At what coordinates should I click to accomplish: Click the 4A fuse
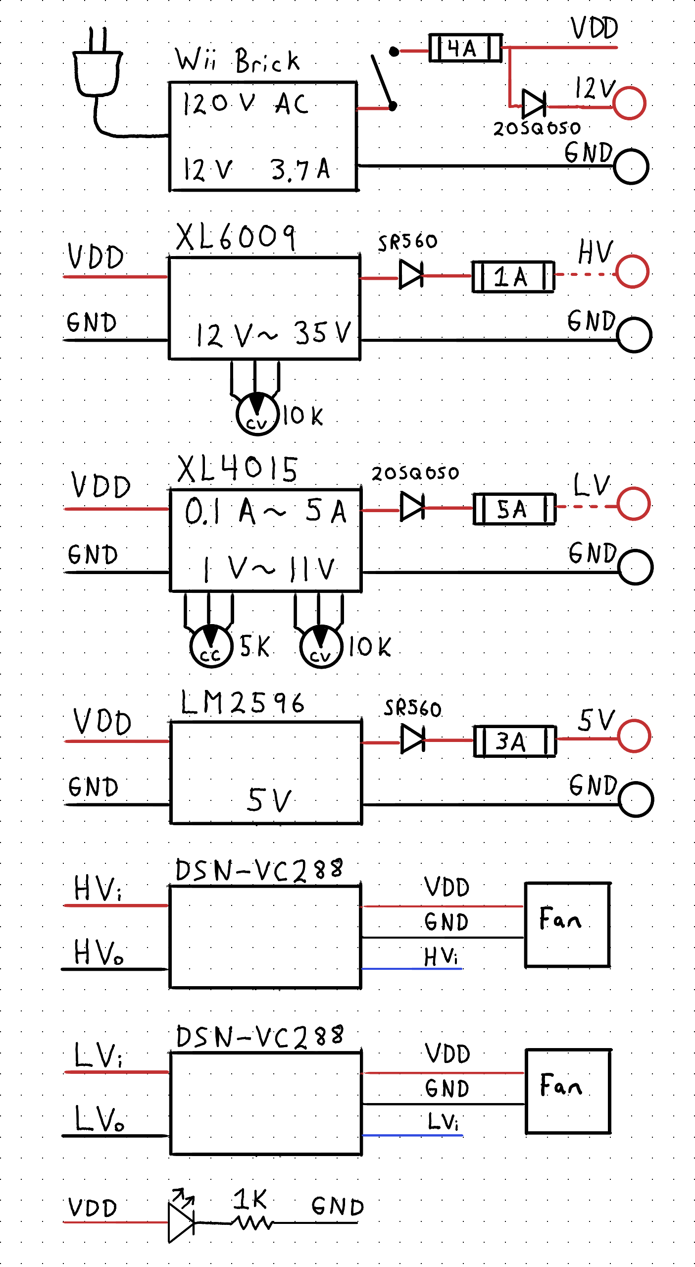(x=465, y=48)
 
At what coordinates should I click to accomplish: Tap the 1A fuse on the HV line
(x=513, y=276)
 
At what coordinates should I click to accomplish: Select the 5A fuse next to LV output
(x=514, y=509)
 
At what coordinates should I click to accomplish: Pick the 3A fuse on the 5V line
(x=514, y=741)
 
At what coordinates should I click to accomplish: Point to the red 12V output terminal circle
(x=629, y=103)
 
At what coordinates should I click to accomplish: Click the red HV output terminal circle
(x=632, y=271)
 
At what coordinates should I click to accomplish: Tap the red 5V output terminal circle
(x=634, y=736)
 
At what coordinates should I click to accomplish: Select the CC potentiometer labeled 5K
(x=211, y=646)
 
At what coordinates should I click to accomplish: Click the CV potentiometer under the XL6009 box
(x=257, y=414)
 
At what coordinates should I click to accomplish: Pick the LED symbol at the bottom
(x=181, y=1221)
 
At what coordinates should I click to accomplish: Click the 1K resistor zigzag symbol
(x=253, y=1223)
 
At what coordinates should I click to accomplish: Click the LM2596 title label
(x=242, y=703)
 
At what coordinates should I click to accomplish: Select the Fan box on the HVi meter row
(x=567, y=924)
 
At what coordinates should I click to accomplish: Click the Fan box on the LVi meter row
(x=568, y=1091)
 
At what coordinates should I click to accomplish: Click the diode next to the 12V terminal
(x=534, y=105)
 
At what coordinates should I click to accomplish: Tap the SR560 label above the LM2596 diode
(x=412, y=708)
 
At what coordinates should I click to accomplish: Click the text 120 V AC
(x=246, y=104)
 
